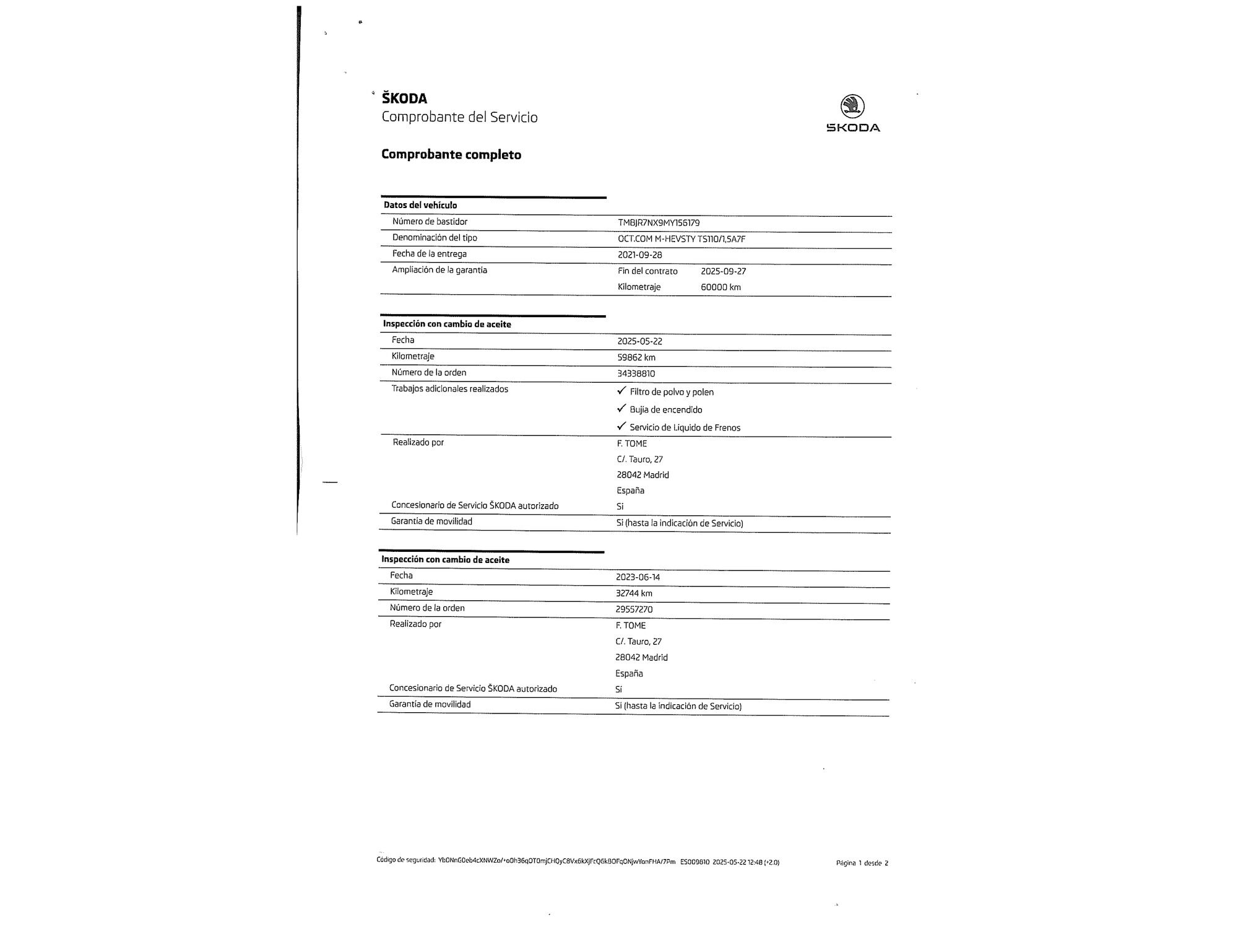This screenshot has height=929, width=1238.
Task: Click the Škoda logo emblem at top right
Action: [852, 107]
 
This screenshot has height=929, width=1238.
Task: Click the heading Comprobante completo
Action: [451, 155]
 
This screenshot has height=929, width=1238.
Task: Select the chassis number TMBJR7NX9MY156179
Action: [659, 223]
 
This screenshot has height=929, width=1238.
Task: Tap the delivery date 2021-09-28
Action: [640, 255]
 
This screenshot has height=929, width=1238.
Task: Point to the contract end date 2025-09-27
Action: [723, 271]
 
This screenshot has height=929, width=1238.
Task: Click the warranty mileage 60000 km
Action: [721, 287]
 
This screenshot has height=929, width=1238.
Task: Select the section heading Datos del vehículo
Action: [420, 205]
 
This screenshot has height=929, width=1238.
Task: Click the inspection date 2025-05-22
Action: [639, 341]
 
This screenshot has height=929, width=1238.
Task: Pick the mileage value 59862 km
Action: [636, 357]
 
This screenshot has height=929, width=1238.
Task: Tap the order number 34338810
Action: [636, 373]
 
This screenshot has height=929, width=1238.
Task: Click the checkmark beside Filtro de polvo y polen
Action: [621, 391]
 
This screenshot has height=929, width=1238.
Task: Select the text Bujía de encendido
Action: [665, 410]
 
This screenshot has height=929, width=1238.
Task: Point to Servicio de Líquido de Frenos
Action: [685, 428]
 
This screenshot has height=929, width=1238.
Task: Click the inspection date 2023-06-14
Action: [638, 577]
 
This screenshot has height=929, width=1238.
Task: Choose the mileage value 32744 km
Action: [634, 593]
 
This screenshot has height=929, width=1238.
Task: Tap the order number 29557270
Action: [634, 609]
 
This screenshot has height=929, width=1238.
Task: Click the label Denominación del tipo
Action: [435, 238]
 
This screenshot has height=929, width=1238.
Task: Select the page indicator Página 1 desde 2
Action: [862, 863]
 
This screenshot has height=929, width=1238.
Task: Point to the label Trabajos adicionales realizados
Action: [449, 389]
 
